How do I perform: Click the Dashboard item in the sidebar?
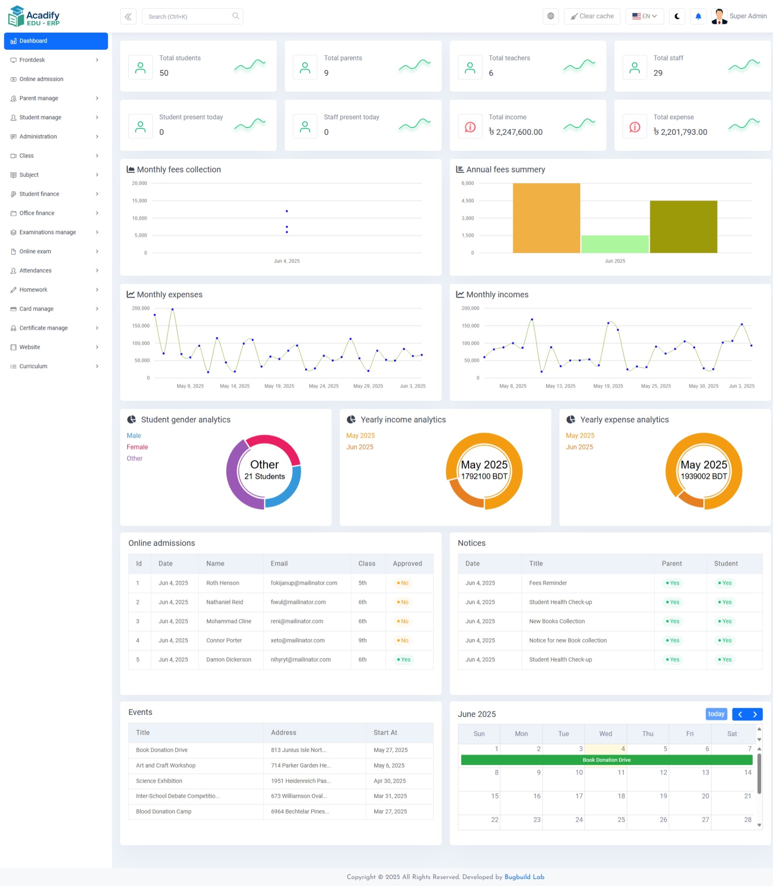click(55, 41)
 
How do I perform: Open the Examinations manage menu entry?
click(48, 232)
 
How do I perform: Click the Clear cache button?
click(592, 16)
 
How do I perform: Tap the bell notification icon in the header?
click(698, 16)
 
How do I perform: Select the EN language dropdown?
click(644, 16)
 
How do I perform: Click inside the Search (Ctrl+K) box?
click(188, 17)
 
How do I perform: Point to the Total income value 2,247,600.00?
click(516, 132)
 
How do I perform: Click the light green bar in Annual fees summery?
click(615, 244)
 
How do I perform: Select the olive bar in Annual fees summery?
click(683, 227)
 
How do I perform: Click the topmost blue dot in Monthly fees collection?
click(287, 211)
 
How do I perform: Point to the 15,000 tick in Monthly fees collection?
click(139, 201)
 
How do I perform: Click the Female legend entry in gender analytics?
click(137, 447)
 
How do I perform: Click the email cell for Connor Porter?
click(297, 641)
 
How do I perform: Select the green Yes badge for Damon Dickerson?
click(404, 660)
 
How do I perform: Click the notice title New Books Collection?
click(557, 621)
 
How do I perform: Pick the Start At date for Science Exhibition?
click(390, 781)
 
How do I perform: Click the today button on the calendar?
click(716, 714)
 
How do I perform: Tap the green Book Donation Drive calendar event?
click(606, 760)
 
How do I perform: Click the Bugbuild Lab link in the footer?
click(524, 877)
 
